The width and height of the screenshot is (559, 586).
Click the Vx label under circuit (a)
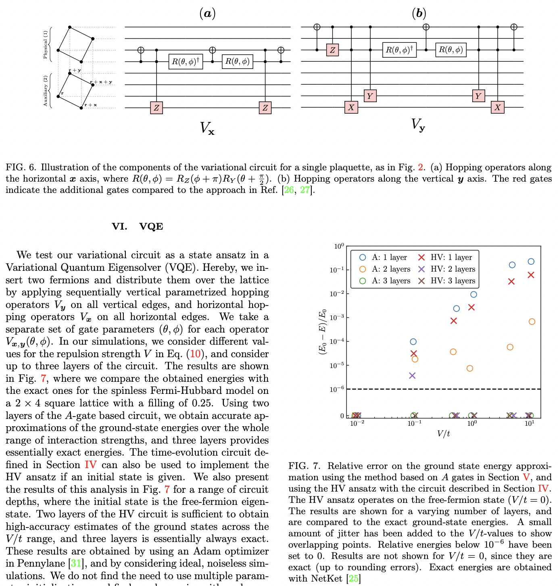[x=207, y=128]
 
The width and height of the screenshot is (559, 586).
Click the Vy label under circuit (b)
[x=418, y=125]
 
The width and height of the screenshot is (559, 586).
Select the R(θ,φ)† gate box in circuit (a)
[x=186, y=62]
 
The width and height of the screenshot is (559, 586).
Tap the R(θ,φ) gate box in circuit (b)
[x=451, y=50]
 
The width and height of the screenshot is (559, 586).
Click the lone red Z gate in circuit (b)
[x=332, y=50]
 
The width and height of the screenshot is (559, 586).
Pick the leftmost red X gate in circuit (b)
[x=351, y=107]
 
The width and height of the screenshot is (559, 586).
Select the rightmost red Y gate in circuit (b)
[x=478, y=96]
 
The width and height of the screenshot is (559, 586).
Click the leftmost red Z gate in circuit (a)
[x=156, y=108]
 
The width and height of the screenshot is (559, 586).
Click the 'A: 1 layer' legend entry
[x=384, y=257]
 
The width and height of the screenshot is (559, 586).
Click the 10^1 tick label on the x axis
[x=530, y=423]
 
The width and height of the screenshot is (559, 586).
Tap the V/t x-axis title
[x=444, y=433]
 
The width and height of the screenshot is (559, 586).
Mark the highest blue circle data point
[x=531, y=262]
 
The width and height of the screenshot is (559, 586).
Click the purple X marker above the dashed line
[x=412, y=376]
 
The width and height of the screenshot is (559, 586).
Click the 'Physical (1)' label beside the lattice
[x=45, y=44]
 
